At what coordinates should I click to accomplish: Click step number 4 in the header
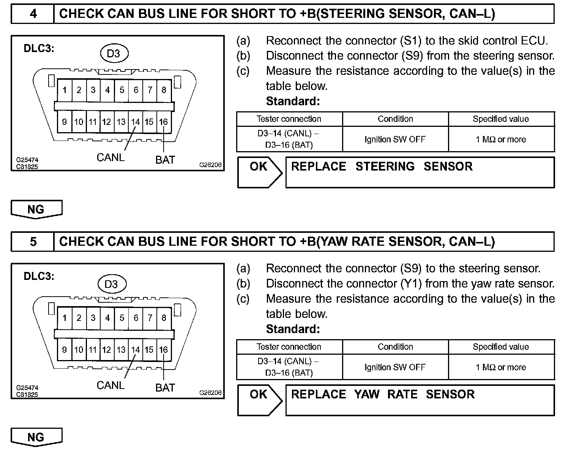coord(33,14)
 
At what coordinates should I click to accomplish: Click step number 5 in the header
coord(33,242)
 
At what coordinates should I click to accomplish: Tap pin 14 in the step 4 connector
coord(136,122)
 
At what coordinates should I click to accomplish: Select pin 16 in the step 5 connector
coord(164,350)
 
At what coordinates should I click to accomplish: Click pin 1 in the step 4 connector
coord(65,90)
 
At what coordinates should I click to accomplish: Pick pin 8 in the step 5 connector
coord(164,318)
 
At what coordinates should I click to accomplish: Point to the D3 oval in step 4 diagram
coord(114,54)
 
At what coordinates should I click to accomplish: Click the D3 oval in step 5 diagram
coord(111,284)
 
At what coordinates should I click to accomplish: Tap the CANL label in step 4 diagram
coord(110,157)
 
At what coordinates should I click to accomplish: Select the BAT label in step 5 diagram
coord(165,388)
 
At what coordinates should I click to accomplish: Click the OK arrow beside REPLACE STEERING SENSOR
coord(260,172)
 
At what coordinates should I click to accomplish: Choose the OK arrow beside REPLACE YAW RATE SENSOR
coord(260,400)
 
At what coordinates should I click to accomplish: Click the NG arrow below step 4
coord(36,210)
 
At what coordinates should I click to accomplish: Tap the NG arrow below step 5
coord(36,438)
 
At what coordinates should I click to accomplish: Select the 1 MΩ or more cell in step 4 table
coord(501,139)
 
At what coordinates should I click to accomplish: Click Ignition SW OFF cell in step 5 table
coord(395,367)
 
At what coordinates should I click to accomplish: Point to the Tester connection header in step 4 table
coord(289,119)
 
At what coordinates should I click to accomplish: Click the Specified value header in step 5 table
coord(501,347)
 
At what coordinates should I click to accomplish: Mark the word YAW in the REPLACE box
coord(367,395)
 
